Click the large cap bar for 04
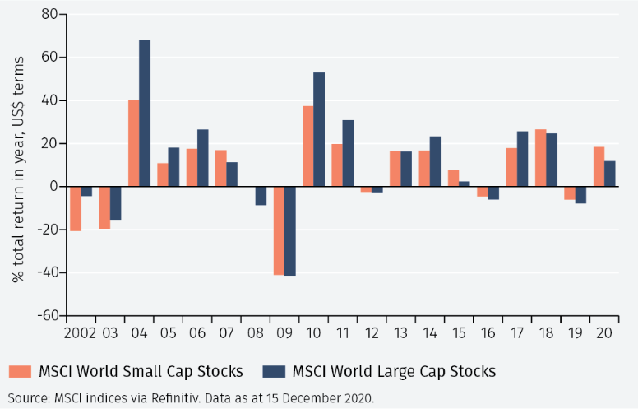[x=145, y=113]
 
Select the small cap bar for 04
[x=133, y=143]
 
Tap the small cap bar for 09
[x=279, y=230]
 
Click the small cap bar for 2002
[x=76, y=208]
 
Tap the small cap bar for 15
[x=453, y=178]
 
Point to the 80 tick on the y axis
[x=48, y=15]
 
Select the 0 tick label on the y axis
[x=52, y=187]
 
